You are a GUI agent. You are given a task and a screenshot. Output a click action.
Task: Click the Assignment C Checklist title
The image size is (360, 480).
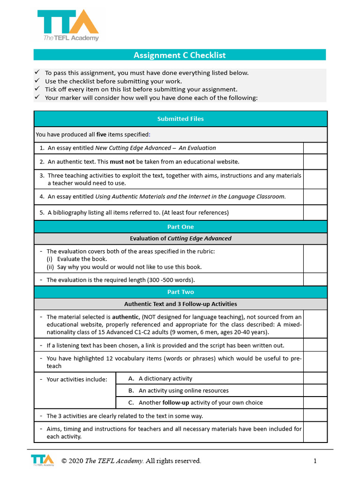click(x=180, y=55)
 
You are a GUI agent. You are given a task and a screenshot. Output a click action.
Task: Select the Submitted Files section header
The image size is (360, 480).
click(x=180, y=119)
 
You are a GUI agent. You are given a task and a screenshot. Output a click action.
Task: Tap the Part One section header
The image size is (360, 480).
click(x=180, y=227)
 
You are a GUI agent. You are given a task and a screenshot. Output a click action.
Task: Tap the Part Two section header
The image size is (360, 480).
click(x=180, y=292)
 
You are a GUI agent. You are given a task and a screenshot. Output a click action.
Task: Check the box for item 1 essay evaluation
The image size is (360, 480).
click(x=315, y=148)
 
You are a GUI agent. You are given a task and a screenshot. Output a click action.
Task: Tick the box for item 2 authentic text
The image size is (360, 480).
click(x=315, y=162)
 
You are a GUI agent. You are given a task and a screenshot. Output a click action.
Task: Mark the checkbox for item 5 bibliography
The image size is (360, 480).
click(x=315, y=212)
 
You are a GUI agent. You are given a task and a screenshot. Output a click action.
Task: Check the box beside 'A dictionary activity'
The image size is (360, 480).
click(x=315, y=378)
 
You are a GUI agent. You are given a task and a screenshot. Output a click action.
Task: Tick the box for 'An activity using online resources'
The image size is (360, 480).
click(x=315, y=390)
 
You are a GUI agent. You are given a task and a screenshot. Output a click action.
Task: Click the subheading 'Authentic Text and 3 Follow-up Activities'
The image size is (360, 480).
click(x=180, y=304)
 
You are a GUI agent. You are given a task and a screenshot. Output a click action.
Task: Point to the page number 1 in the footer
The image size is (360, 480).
click(x=315, y=461)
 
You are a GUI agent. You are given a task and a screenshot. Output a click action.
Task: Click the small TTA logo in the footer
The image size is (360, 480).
click(x=42, y=460)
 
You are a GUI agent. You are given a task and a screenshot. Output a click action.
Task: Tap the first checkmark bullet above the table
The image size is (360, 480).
click(x=37, y=73)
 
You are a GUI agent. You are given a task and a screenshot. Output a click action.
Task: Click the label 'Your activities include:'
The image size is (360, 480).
click(x=77, y=379)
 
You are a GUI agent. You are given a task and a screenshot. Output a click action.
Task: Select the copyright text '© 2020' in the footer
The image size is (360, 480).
click(x=72, y=461)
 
